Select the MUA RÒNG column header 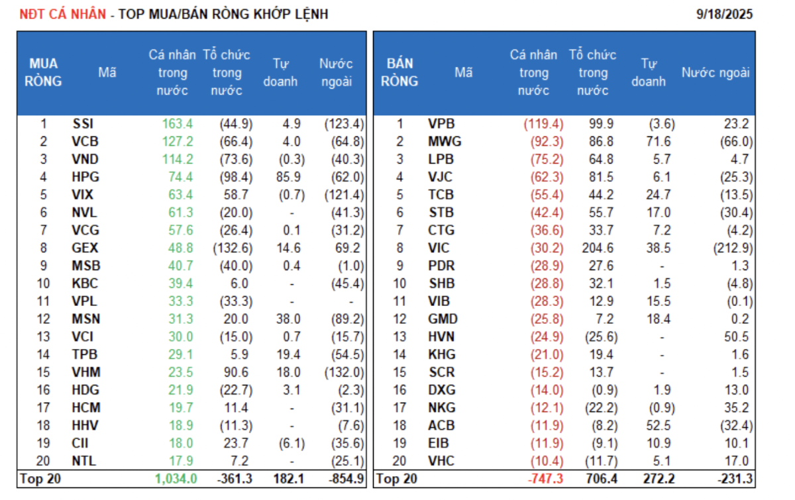coord(44,73)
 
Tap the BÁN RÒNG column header coord(400,73)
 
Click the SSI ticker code coord(83,124)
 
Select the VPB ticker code coord(442,124)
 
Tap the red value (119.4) coord(543,124)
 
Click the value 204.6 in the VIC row coord(600,248)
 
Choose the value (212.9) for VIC coord(733,248)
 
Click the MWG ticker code coord(445,142)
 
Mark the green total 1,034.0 coord(176,479)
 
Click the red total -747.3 coord(545,479)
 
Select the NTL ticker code coord(83,462)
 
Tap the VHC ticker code coord(442,462)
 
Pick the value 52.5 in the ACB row coord(657,426)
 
